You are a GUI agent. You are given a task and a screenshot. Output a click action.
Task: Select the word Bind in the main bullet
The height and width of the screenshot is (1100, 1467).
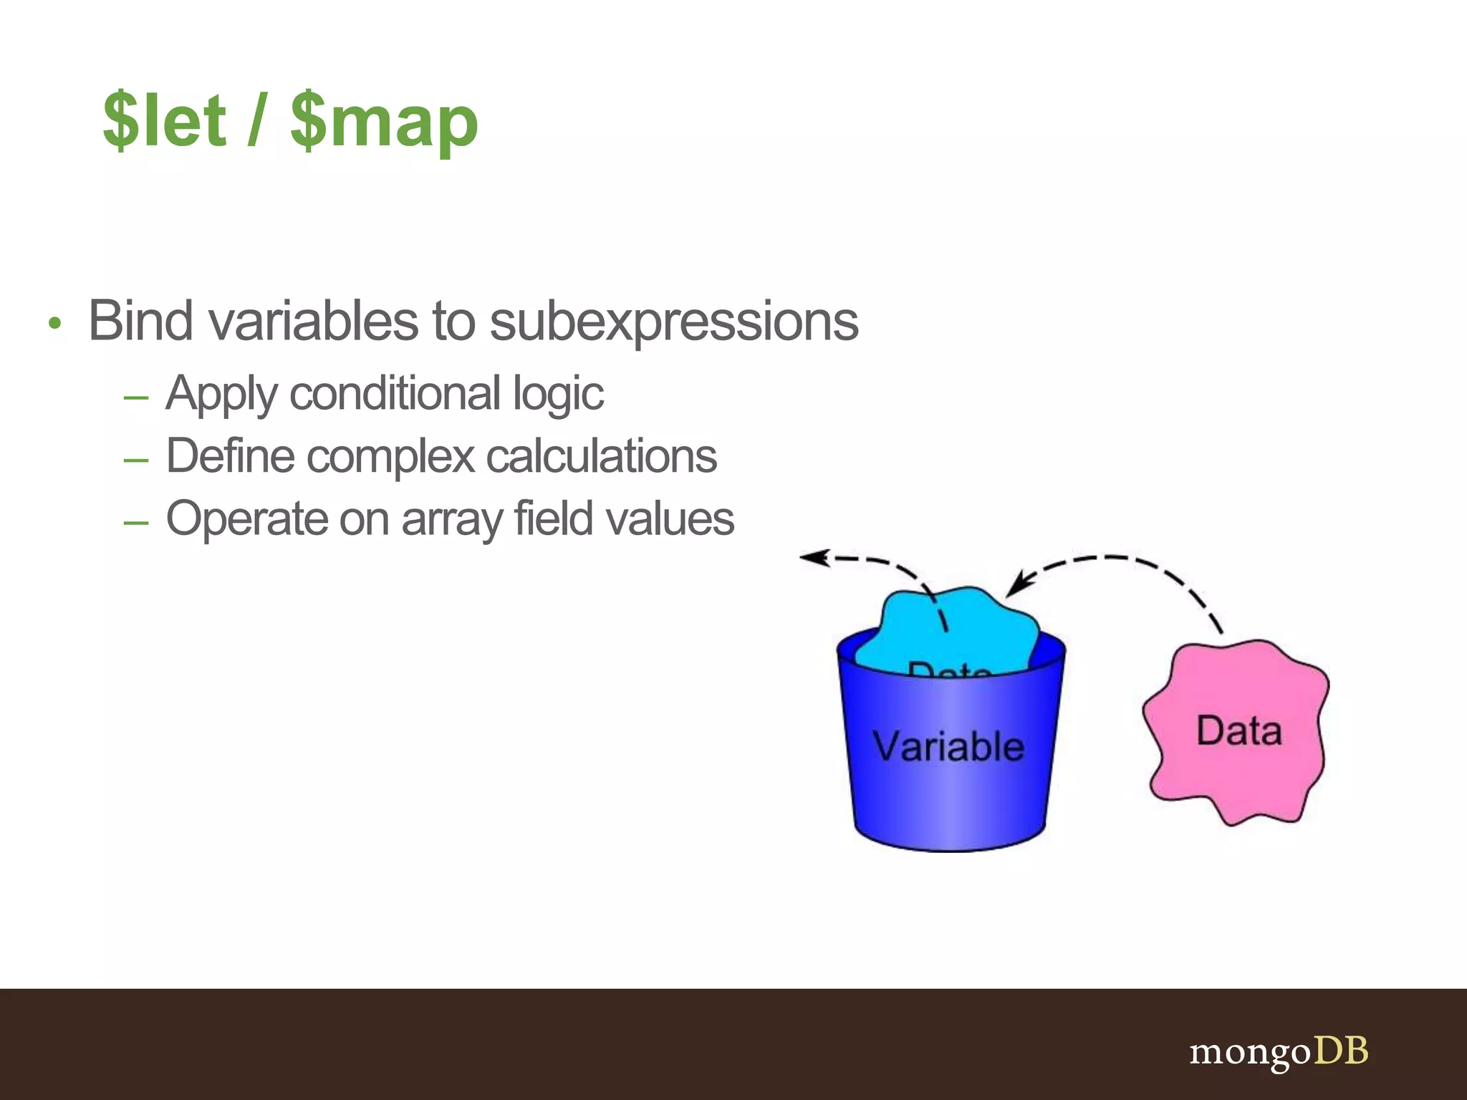click(x=140, y=321)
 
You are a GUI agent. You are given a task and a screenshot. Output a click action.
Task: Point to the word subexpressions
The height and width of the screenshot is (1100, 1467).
click(x=673, y=322)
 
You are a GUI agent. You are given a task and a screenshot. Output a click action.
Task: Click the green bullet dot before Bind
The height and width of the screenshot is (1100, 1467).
click(x=55, y=324)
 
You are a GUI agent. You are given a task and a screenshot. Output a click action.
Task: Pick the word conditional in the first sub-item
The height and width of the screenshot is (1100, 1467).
click(x=395, y=394)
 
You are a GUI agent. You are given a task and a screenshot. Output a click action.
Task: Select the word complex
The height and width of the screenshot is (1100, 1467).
click(x=391, y=456)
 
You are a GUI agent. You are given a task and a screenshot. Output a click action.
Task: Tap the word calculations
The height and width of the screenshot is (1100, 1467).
click(x=602, y=456)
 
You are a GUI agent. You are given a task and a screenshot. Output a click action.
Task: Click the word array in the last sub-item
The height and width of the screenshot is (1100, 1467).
click(x=451, y=519)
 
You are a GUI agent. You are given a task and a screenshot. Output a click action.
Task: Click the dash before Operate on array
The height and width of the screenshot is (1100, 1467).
click(x=136, y=522)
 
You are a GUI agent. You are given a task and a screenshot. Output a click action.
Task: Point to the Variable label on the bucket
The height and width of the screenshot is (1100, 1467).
click(x=948, y=747)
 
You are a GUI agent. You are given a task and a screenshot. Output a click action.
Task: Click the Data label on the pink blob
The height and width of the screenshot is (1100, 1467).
click(x=1238, y=731)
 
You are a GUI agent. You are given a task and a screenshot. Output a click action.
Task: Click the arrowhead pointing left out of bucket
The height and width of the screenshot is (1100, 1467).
click(x=813, y=557)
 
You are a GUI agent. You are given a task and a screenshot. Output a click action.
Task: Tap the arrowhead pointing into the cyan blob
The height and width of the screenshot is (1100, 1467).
click(x=1016, y=584)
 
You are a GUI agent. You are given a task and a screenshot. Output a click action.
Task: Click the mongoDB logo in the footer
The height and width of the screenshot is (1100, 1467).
click(x=1279, y=1052)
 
